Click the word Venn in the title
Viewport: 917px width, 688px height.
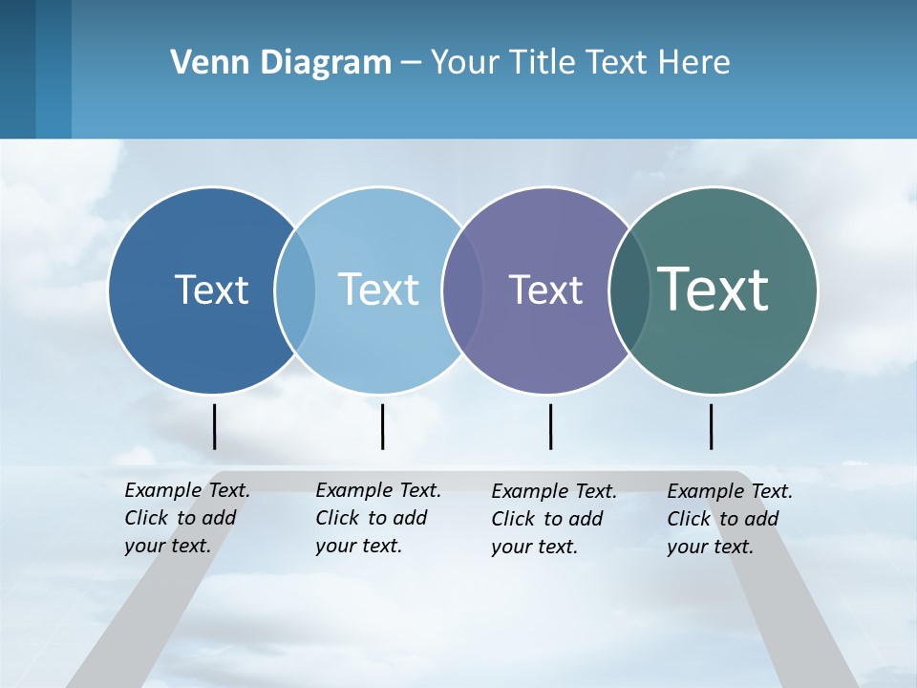[203, 62]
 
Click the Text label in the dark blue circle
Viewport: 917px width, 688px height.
[211, 290]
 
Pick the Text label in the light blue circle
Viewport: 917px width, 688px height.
[379, 290]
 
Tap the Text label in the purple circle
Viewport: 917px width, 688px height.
[545, 290]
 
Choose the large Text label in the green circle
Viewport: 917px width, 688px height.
[714, 289]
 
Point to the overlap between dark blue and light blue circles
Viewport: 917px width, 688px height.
[295, 290]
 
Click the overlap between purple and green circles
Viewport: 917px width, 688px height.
[629, 290]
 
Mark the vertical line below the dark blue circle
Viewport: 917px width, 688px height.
[214, 426]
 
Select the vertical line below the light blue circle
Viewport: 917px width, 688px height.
[382, 426]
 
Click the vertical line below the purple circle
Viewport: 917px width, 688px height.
[550, 426]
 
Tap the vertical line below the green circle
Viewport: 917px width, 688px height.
[711, 426]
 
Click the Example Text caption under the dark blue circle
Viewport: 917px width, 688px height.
[187, 518]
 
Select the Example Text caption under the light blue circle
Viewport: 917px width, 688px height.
[378, 518]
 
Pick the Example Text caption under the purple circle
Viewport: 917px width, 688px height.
[554, 519]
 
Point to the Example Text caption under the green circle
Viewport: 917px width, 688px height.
[730, 519]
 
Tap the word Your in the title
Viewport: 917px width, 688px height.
[465, 62]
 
